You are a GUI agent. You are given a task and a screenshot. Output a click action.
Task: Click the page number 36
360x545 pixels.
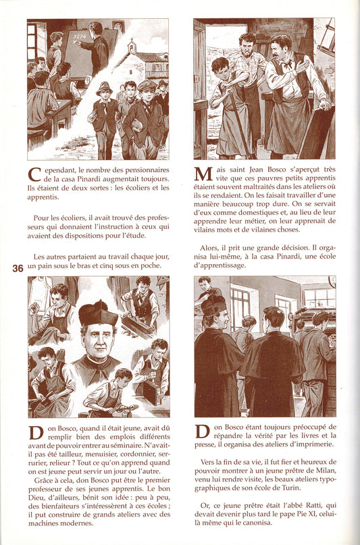pyautogui.click(x=18, y=268)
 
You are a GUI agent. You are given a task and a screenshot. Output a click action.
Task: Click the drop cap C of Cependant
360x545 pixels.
pyautogui.click(x=34, y=174)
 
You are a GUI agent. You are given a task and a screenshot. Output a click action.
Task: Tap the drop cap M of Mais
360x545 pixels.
pyautogui.click(x=203, y=174)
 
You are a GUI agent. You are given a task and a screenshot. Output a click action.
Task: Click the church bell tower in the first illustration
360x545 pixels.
pyautogui.click(x=131, y=46)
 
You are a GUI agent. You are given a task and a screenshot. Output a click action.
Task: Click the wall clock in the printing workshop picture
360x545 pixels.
pyautogui.click(x=332, y=282)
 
